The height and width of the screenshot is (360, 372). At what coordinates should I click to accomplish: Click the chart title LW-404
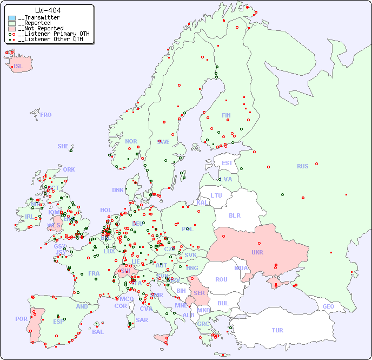click(x=48, y=10)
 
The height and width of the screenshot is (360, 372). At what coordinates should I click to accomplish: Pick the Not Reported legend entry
click(x=41, y=29)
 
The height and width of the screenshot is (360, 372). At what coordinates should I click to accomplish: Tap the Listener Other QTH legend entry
click(x=50, y=39)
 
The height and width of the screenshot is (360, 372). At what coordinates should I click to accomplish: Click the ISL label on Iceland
click(x=18, y=67)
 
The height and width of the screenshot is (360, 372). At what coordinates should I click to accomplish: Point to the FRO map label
click(x=46, y=115)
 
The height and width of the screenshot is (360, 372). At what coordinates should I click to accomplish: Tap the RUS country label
click(x=302, y=166)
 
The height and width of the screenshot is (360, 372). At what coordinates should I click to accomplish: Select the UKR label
click(x=257, y=252)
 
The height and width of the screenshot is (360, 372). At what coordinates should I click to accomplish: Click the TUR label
click(x=277, y=330)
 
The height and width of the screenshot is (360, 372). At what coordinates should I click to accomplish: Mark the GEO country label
click(x=328, y=306)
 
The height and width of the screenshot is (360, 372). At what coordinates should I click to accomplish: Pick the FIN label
click(x=226, y=115)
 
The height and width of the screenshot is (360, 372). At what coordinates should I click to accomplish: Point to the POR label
click(x=21, y=319)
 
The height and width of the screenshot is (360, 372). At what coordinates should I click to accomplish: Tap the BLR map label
click(x=235, y=215)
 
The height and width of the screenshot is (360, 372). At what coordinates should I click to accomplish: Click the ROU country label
click(x=221, y=279)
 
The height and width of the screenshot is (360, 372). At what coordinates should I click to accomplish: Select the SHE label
click(x=63, y=146)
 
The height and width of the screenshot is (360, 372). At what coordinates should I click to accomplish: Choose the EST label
click(x=227, y=163)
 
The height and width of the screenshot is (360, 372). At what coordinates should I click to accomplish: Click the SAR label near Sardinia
click(x=142, y=320)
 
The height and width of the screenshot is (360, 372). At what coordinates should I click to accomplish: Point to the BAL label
click(x=97, y=332)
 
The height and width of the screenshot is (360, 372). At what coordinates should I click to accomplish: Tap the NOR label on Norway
click(x=131, y=141)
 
